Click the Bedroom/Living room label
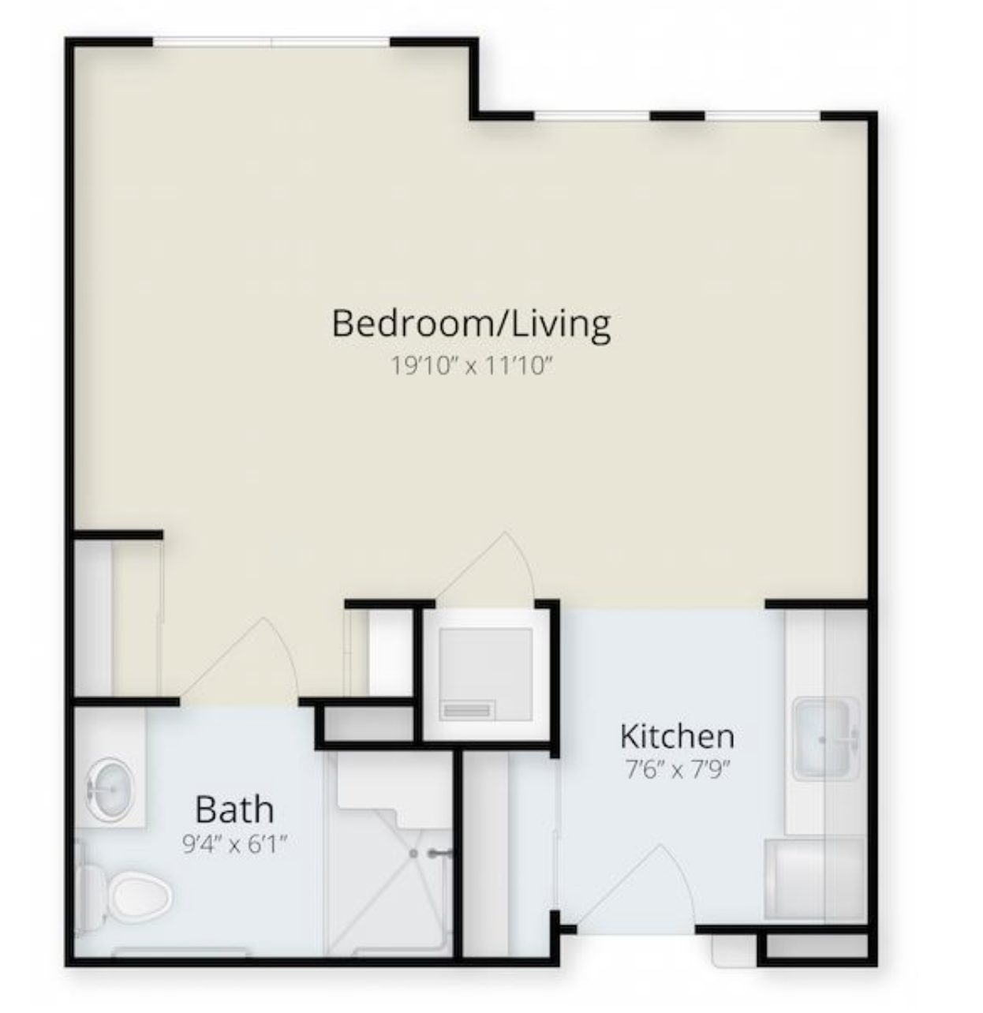(x=471, y=323)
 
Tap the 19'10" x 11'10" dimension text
(x=471, y=365)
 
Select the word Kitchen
(x=677, y=736)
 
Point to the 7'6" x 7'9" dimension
(x=677, y=769)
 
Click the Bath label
(x=234, y=809)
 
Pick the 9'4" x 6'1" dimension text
(x=235, y=844)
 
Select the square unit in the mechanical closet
(x=486, y=675)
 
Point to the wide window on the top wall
(x=271, y=42)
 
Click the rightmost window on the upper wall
(x=763, y=115)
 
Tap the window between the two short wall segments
(x=592, y=115)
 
